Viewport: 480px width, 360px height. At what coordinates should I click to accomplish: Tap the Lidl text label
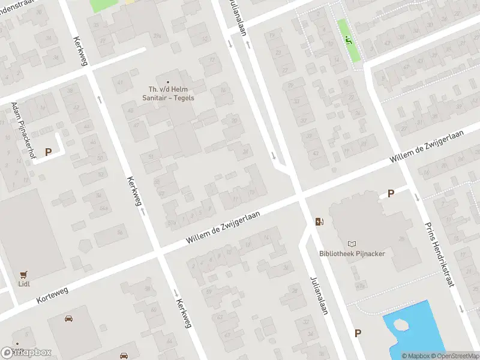[x=25, y=284]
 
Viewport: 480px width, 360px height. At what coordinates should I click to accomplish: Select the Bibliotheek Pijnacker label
[x=352, y=253]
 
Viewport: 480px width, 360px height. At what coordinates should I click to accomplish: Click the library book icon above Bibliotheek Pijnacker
[x=352, y=244]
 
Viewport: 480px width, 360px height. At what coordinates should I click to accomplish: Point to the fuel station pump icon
[x=319, y=222]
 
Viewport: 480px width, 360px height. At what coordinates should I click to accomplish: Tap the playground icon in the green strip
[x=348, y=40]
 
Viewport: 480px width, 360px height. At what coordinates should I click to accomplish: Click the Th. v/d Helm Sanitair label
[x=168, y=94]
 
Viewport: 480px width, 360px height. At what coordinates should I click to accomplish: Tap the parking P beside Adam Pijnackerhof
[x=47, y=152]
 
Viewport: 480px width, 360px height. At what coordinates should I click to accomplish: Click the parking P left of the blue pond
[x=358, y=334]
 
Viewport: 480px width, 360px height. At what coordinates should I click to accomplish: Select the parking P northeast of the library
[x=391, y=193]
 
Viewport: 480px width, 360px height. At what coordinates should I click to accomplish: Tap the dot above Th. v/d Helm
[x=168, y=82]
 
